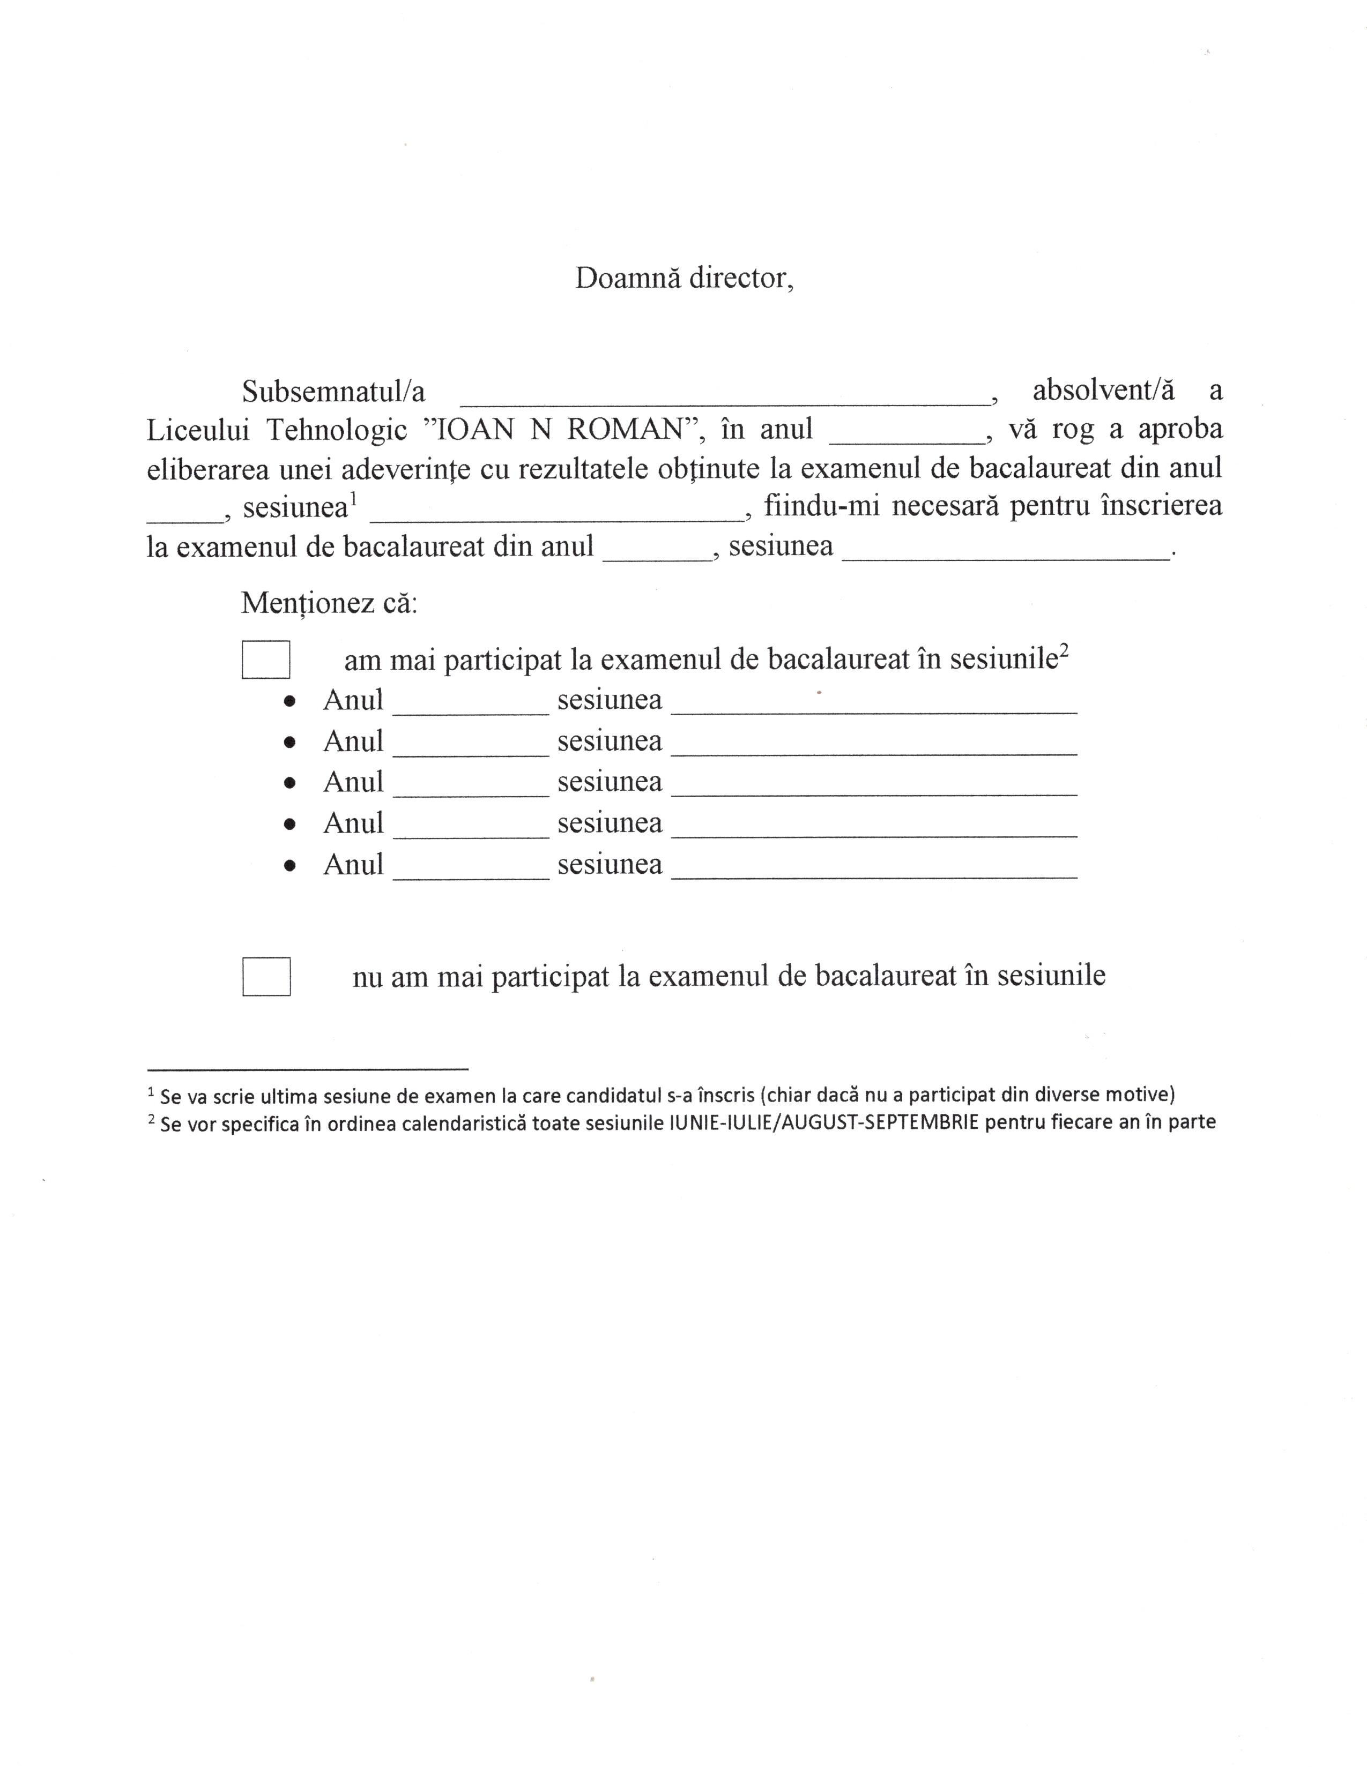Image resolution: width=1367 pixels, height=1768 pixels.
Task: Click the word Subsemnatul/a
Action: [x=333, y=392]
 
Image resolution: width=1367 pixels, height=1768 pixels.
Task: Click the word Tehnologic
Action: [x=336, y=430]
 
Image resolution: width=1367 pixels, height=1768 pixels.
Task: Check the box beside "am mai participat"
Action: [x=265, y=659]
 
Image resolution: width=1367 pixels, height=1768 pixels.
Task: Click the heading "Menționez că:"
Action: [x=329, y=603]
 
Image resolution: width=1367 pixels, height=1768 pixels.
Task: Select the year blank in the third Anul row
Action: [x=471, y=789]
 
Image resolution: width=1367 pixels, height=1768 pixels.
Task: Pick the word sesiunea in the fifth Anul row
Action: [x=609, y=865]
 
